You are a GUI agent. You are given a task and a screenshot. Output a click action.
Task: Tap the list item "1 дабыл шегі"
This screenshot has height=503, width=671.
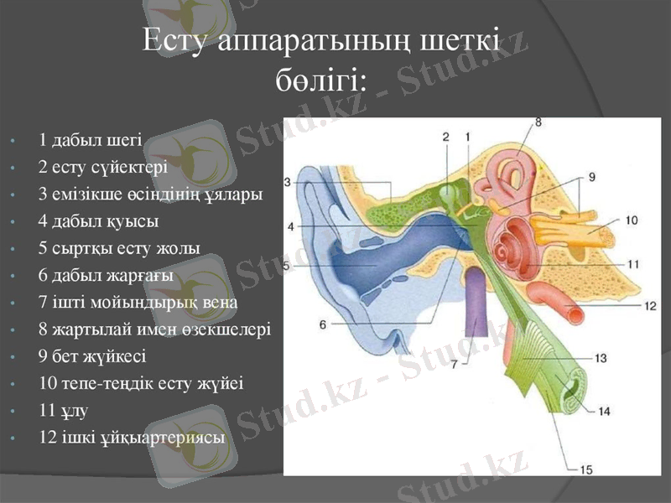point(91,138)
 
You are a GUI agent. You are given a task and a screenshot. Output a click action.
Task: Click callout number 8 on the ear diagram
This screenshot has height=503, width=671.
point(538,122)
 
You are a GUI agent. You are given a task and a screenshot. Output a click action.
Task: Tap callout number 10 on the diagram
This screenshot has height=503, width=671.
point(631,220)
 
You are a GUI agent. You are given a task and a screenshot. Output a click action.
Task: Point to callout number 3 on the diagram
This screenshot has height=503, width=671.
point(288,182)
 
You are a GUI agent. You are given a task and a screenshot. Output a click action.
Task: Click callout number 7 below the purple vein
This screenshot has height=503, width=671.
point(455,364)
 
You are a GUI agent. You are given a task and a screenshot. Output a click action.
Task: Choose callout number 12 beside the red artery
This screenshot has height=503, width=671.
point(650,306)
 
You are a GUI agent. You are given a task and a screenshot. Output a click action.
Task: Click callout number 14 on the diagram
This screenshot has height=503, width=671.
point(605,412)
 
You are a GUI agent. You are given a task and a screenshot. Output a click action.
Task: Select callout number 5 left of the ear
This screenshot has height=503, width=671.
point(287,267)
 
